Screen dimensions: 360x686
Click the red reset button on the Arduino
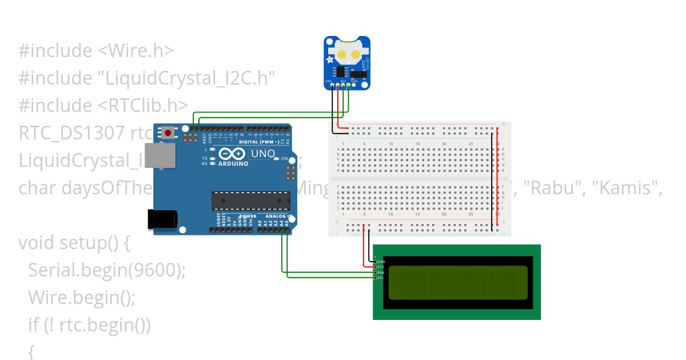[167, 133]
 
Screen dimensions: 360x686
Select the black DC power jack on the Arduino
[162, 220]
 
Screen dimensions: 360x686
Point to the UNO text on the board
[263, 154]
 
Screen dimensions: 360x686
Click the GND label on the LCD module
[381, 261]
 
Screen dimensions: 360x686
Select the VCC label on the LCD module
[381, 267]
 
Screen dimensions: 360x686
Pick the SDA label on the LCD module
[381, 273]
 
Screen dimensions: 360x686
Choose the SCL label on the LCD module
[381, 278]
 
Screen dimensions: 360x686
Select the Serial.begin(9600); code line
[107, 270]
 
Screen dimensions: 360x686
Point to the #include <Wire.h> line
[96, 51]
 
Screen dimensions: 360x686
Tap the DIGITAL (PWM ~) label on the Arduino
[259, 142]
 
